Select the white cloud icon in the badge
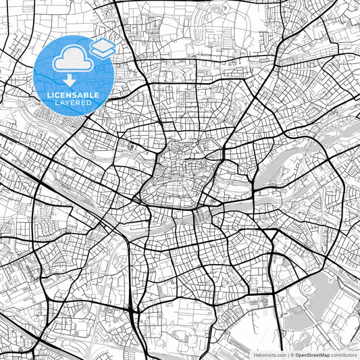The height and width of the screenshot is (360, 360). pos(72,59)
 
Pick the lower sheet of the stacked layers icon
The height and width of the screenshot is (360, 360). pos(103,51)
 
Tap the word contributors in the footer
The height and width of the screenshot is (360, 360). pos(344,354)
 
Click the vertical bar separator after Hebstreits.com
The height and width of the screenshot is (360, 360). pos(286,354)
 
